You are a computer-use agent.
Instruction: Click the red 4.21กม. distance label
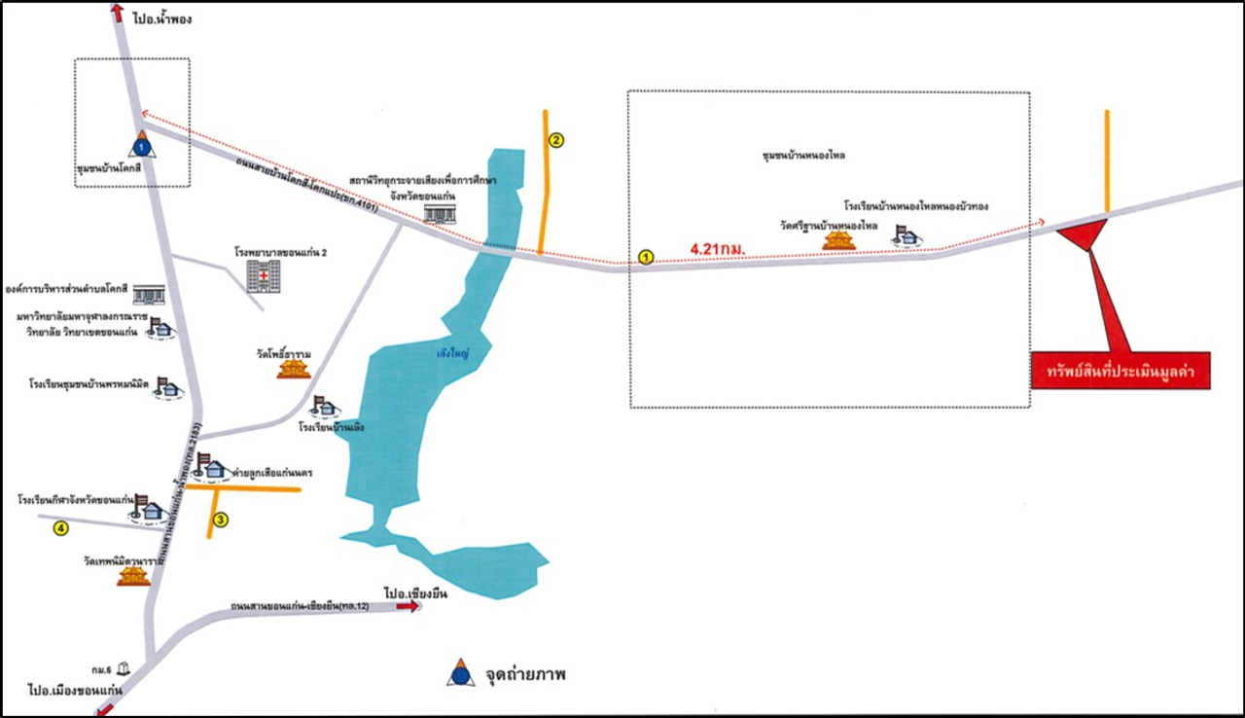click(718, 249)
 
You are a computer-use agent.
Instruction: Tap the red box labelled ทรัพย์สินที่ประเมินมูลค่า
click(1120, 371)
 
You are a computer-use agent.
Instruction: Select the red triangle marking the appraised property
click(1082, 233)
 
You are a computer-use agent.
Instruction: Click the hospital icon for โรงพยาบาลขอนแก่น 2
click(261, 274)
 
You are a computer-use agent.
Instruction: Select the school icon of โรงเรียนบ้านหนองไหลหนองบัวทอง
click(907, 235)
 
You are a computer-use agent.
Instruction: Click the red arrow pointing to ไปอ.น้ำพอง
click(118, 13)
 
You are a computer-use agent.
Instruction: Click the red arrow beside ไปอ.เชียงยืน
click(409, 606)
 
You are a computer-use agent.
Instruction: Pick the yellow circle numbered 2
click(556, 139)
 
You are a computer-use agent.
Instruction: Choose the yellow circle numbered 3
click(221, 521)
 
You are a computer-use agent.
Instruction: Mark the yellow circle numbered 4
click(61, 528)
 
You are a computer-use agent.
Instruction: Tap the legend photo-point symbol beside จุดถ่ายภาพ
click(461, 673)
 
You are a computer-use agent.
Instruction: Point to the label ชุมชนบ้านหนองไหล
click(803, 156)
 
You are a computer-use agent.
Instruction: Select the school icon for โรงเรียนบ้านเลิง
click(324, 406)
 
